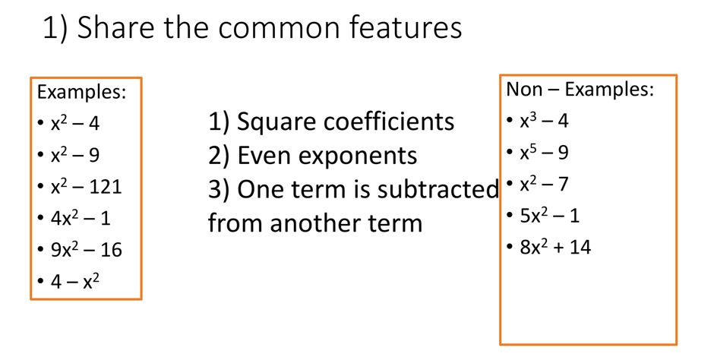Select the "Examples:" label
tap(82, 93)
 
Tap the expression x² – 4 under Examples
tap(74, 123)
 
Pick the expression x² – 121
tap(86, 186)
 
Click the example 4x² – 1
tap(81, 218)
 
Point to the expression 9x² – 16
tap(86, 250)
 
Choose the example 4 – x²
tap(74, 282)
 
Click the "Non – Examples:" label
tap(580, 90)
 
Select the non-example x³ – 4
tap(544, 121)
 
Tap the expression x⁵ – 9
tap(544, 153)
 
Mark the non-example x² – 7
tap(544, 184)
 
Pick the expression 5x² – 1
tap(549, 216)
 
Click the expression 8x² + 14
tap(555, 247)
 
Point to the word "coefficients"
tap(390, 122)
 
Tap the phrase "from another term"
tap(315, 223)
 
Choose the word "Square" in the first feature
tap(278, 122)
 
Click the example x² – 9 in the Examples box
tap(74, 155)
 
